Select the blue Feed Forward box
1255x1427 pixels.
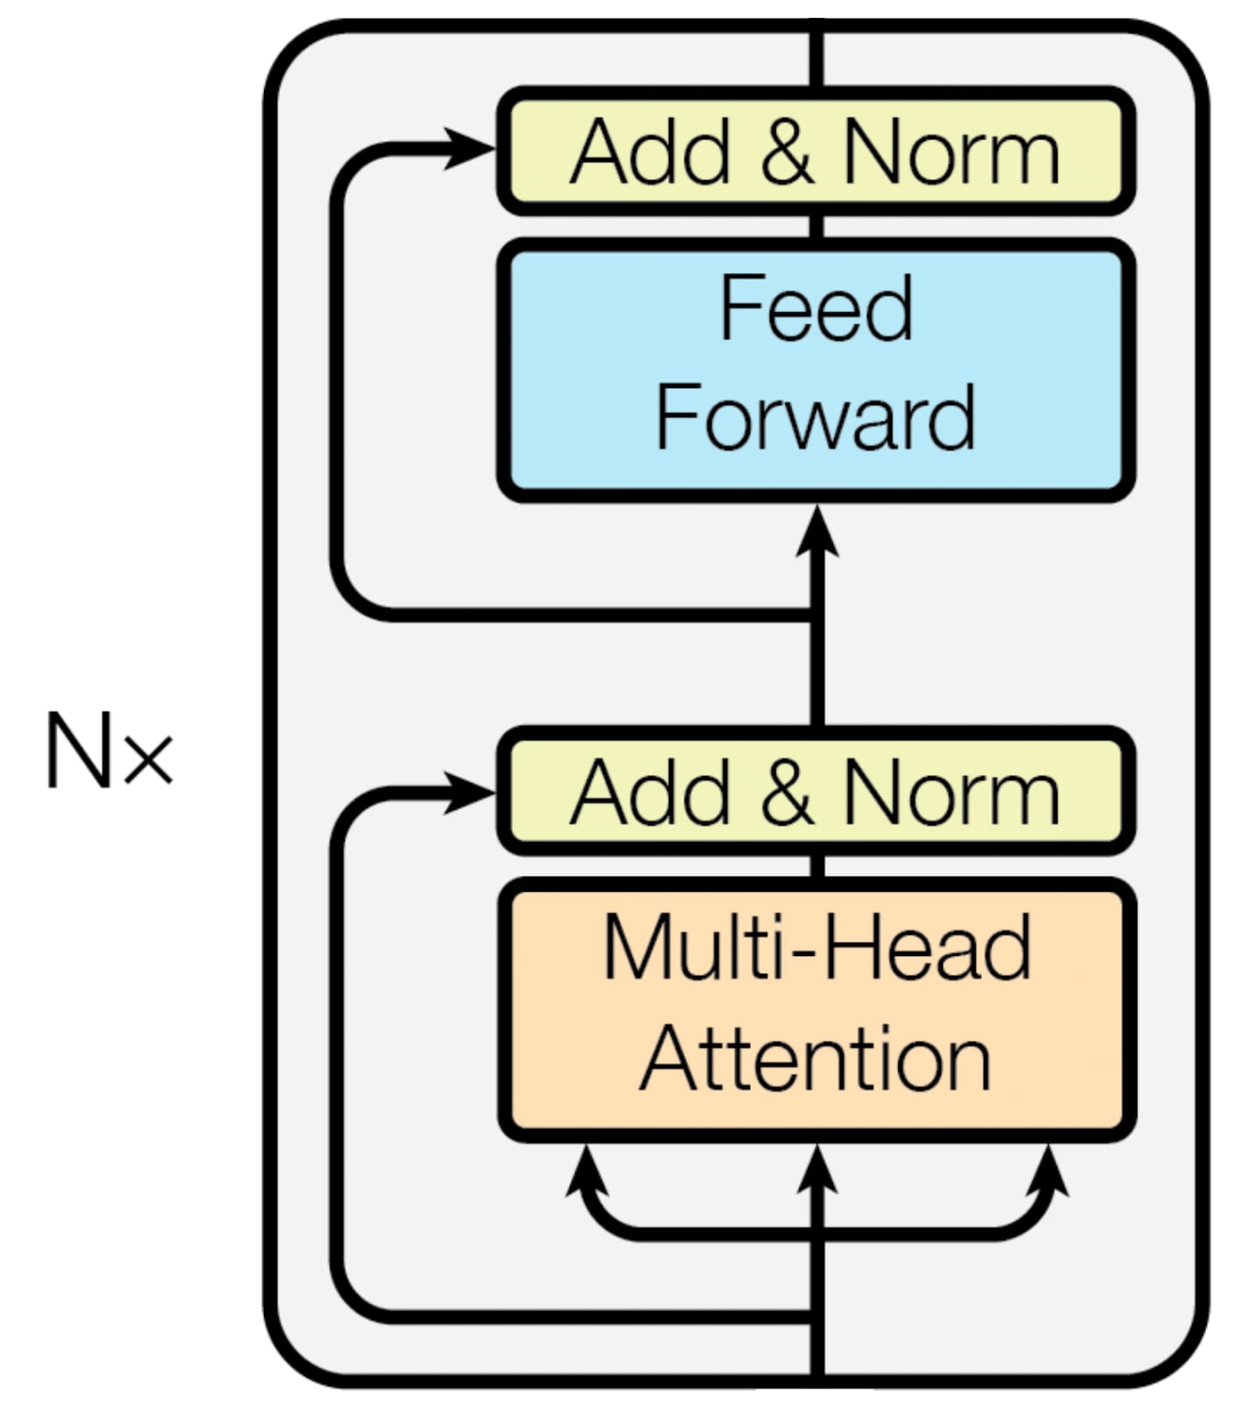coord(815,369)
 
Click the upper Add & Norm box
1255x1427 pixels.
coord(815,152)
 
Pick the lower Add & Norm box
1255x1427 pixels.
coord(815,792)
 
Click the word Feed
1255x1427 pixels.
coord(815,308)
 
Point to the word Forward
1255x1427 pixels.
coord(815,417)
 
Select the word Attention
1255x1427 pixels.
coord(815,1060)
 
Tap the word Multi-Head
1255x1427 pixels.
coord(817,947)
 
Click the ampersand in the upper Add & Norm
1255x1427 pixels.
coord(787,152)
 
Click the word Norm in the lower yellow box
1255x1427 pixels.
coord(951,792)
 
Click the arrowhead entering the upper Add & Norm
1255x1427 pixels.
coord(470,148)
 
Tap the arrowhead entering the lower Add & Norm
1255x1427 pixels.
coord(470,792)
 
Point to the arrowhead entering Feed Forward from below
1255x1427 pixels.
coord(816,532)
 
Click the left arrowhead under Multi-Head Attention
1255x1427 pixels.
coord(586,1170)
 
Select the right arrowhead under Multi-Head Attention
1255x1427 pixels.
coord(1048,1170)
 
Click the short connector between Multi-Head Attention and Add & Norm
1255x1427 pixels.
coord(816,865)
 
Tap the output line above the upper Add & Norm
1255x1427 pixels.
coord(816,58)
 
